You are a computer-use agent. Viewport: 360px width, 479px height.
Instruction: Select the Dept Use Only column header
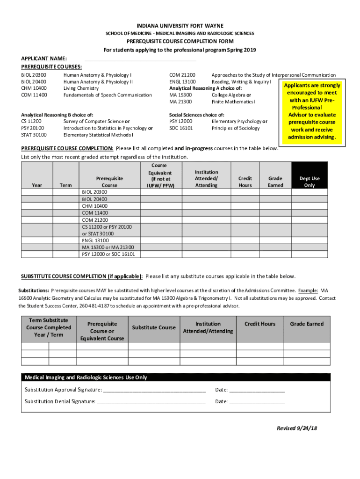(x=310, y=181)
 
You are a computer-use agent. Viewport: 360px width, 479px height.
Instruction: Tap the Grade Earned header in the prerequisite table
(x=275, y=181)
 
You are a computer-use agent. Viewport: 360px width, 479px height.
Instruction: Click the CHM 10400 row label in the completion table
(x=95, y=206)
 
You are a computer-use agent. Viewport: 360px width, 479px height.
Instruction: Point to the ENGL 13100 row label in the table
(x=95, y=240)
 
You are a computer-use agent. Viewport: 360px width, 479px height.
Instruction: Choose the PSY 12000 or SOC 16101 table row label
(x=108, y=254)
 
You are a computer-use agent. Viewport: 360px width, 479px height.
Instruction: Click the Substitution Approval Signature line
(x=154, y=390)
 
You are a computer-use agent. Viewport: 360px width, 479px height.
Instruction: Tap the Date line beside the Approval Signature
(x=257, y=390)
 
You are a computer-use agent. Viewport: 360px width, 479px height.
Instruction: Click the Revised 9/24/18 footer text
(x=297, y=428)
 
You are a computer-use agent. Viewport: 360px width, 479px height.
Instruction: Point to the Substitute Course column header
(x=154, y=327)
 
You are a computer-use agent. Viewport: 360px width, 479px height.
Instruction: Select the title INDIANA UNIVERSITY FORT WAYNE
(x=180, y=25)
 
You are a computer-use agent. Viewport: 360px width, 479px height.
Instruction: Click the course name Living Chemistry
(x=81, y=88)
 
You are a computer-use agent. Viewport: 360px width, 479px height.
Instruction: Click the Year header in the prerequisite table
(x=37, y=185)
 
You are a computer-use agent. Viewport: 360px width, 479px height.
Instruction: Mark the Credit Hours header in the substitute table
(x=260, y=324)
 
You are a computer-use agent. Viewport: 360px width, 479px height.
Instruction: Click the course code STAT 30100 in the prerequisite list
(x=34, y=135)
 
